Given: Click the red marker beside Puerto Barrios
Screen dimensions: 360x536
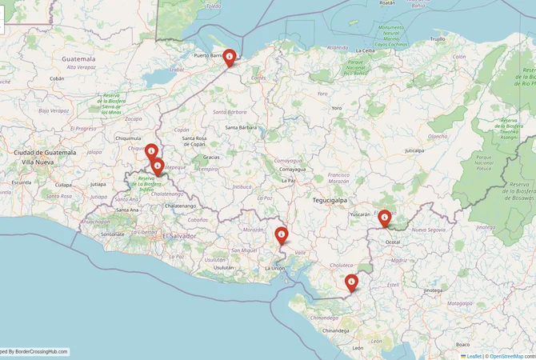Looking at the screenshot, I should pyautogui.click(x=230, y=57).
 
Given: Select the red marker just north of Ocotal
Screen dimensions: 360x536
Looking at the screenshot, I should pyautogui.click(x=385, y=218).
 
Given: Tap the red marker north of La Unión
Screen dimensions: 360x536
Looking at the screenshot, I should pyautogui.click(x=282, y=235).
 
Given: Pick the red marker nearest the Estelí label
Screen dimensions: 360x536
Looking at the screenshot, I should pyautogui.click(x=351, y=282).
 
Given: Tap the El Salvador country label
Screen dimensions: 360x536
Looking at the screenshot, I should pyautogui.click(x=180, y=236).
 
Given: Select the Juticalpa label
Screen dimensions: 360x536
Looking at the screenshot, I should pyautogui.click(x=414, y=150).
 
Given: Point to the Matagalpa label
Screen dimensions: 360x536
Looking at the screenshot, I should pyautogui.click(x=458, y=303).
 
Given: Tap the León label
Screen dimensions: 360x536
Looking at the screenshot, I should pyautogui.click(x=357, y=348).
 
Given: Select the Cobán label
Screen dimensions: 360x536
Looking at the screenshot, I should pyautogui.click(x=57, y=78).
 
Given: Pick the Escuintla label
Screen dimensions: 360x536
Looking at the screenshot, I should pyautogui.click(x=22, y=182).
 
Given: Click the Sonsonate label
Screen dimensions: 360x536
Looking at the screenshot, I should pyautogui.click(x=112, y=234).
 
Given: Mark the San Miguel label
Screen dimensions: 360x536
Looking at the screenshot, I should pyautogui.click(x=243, y=250).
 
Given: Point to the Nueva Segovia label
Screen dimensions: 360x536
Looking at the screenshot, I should pyautogui.click(x=428, y=230).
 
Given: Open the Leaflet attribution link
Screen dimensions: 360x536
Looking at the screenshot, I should pyautogui.click(x=474, y=355).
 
